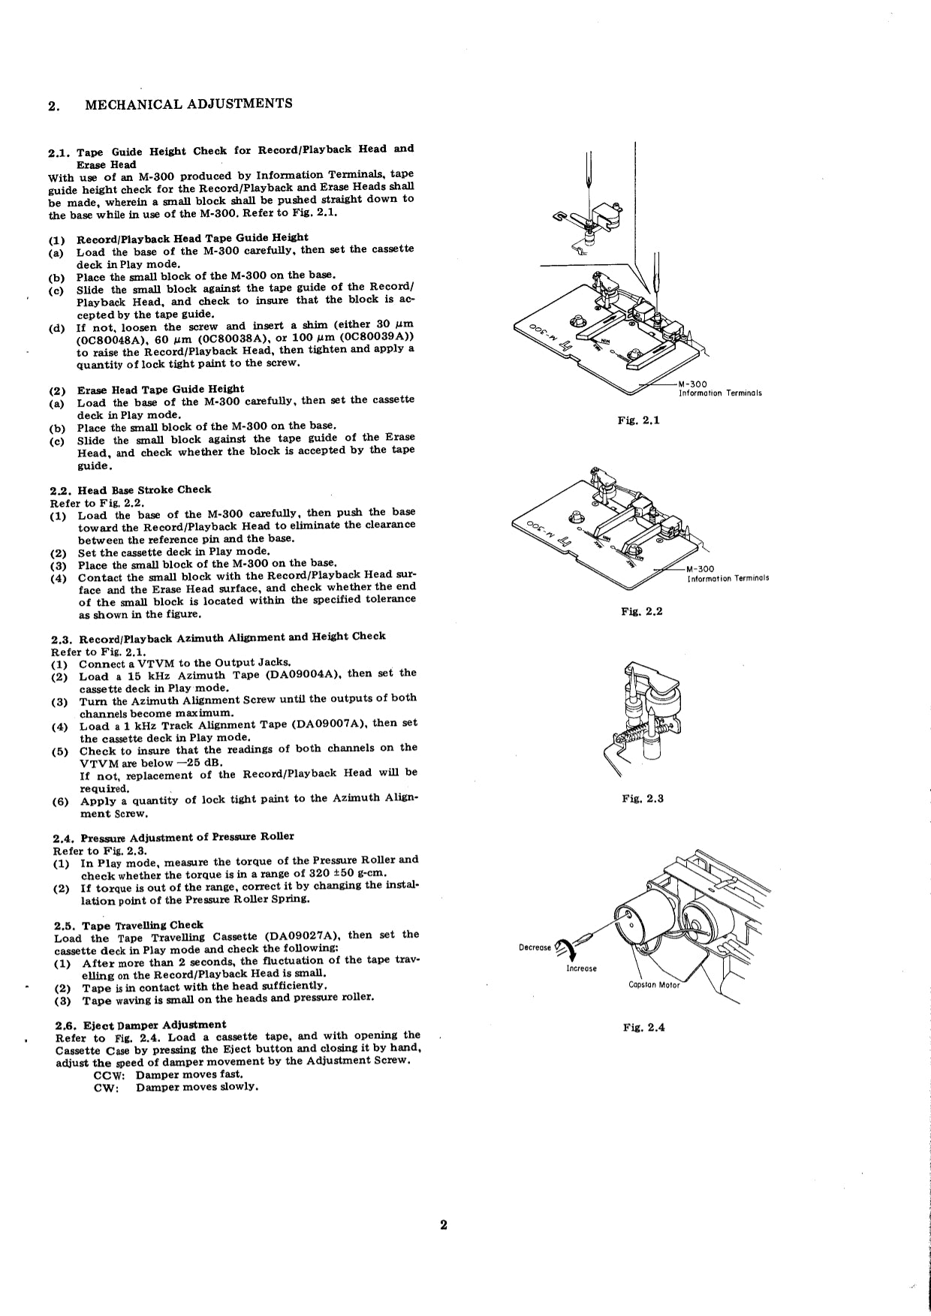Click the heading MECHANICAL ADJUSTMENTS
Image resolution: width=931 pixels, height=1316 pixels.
point(188,104)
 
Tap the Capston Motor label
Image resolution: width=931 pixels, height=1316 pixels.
point(653,985)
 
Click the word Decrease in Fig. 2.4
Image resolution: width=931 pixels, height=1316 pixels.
point(535,947)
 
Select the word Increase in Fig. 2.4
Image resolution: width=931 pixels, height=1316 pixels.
point(581,968)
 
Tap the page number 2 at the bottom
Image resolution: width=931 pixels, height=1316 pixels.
point(443,1226)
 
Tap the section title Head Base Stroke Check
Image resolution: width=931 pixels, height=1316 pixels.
point(144,489)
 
